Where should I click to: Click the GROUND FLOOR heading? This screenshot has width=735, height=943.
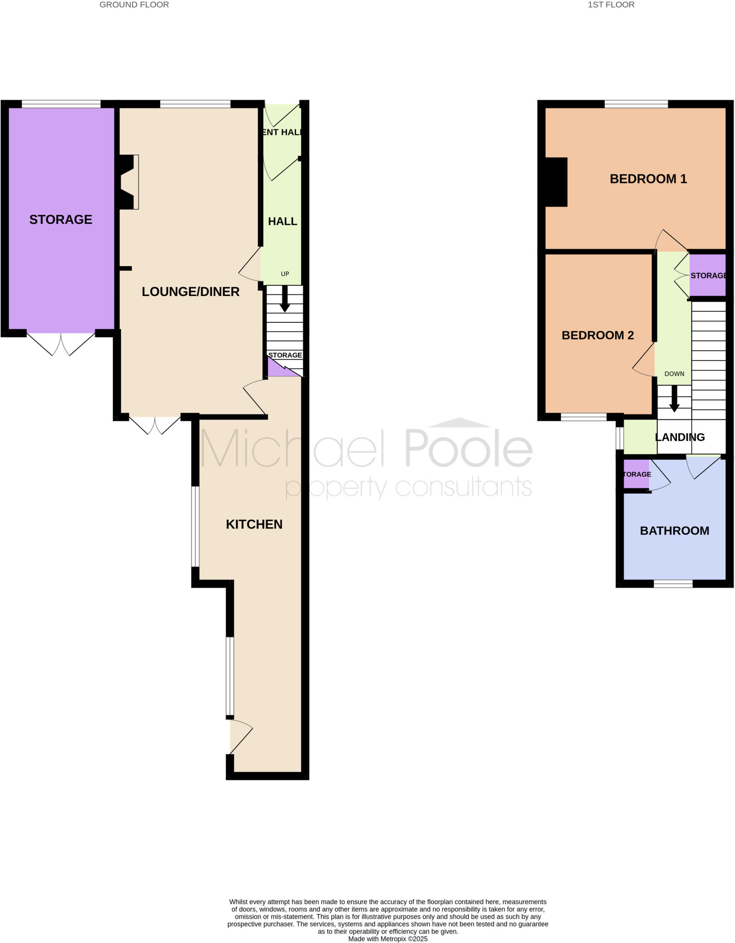pos(134,5)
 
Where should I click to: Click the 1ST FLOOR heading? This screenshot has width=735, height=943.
pos(611,5)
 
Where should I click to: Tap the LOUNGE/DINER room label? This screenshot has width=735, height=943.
pos(190,291)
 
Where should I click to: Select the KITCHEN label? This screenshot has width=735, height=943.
pos(254,524)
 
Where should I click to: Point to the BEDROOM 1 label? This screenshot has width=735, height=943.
pos(648,179)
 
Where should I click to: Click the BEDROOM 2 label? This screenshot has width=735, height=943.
pos(597,336)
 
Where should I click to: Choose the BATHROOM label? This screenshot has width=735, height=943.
pos(674,531)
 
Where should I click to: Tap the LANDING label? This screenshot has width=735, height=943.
pos(680,437)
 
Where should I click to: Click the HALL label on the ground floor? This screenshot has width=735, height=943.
pos(282,221)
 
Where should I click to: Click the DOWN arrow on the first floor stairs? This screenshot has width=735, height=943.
pos(674,399)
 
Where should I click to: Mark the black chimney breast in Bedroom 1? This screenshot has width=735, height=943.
pos(556,182)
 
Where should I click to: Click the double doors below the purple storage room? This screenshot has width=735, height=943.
pos(61,343)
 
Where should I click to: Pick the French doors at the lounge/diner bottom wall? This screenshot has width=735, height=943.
pos(155,425)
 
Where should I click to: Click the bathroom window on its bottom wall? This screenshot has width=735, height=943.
pos(673,584)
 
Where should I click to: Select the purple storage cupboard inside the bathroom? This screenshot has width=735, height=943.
pos(636,475)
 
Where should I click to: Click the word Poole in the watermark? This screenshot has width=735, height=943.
pos(468,447)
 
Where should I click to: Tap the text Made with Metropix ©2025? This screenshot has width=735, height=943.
pos(388,939)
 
